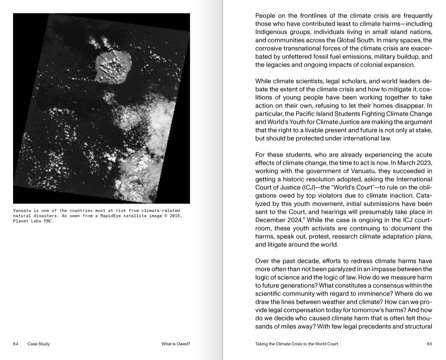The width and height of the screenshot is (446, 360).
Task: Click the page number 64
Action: tap(16, 344)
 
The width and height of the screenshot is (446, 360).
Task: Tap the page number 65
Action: tap(429, 344)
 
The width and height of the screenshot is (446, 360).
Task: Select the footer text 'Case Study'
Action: tap(38, 344)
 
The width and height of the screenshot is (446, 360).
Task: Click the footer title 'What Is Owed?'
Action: tap(176, 344)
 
